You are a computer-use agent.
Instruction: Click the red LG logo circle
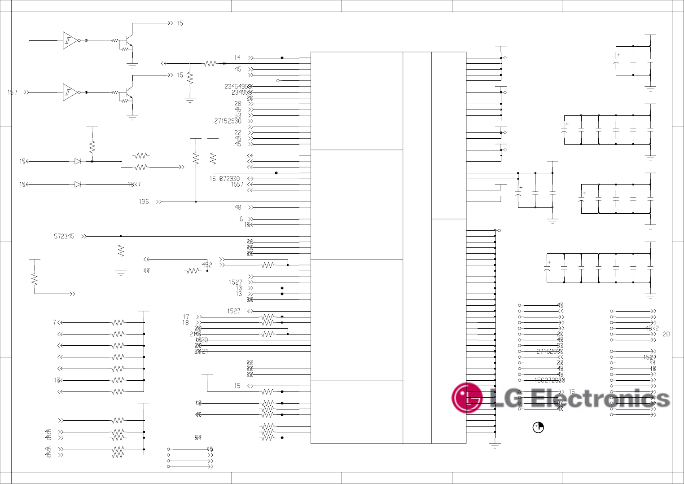pos(467,398)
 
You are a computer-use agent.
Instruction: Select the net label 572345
pos(64,236)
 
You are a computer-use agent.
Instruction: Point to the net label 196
pos(144,202)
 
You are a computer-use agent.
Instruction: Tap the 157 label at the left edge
pos(12,92)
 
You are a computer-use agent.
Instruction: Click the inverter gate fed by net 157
pos(69,92)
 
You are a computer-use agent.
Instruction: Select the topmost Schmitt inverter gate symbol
pos(69,40)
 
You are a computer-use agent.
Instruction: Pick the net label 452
pos(207,265)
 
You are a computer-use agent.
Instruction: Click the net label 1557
pos(237,185)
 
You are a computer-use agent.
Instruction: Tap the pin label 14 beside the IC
pos(237,57)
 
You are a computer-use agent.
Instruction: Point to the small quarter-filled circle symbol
pos(538,427)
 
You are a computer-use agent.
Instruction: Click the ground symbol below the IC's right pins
pos(495,446)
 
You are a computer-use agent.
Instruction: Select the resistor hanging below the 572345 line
pos(121,251)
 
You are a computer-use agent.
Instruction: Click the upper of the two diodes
pos(78,161)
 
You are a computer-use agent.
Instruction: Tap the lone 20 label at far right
pos(666,334)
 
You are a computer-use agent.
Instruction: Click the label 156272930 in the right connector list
pos(549,380)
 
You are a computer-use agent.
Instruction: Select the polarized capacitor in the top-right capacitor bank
pos(616,61)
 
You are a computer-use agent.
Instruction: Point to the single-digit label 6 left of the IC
pos(241,219)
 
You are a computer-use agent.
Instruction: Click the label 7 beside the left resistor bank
pos(54,322)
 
